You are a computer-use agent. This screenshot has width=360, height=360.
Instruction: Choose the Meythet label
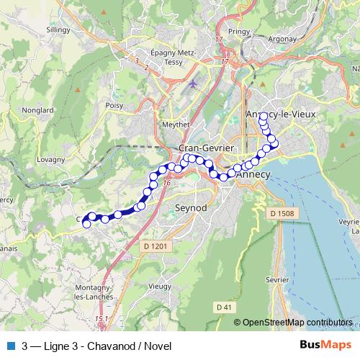pyautogui.click(x=176, y=123)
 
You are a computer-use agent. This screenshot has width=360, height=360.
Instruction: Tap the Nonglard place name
pyautogui.click(x=38, y=110)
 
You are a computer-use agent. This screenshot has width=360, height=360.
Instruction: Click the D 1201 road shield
pyautogui.click(x=155, y=246)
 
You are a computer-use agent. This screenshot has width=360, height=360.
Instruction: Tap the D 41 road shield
pyautogui.click(x=225, y=307)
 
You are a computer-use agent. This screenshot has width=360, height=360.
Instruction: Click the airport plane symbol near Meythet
pyautogui.click(x=192, y=84)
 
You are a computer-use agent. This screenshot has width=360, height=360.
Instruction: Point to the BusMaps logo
pyautogui.click(x=325, y=345)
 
